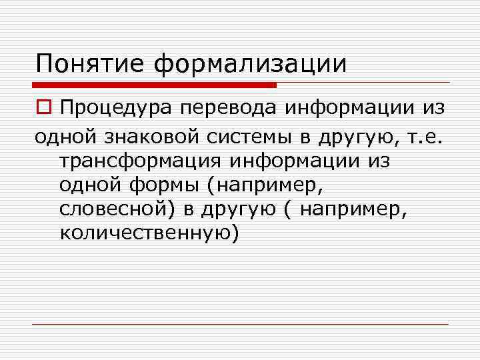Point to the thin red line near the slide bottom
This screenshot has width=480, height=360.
pyautogui.click(x=240, y=325)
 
